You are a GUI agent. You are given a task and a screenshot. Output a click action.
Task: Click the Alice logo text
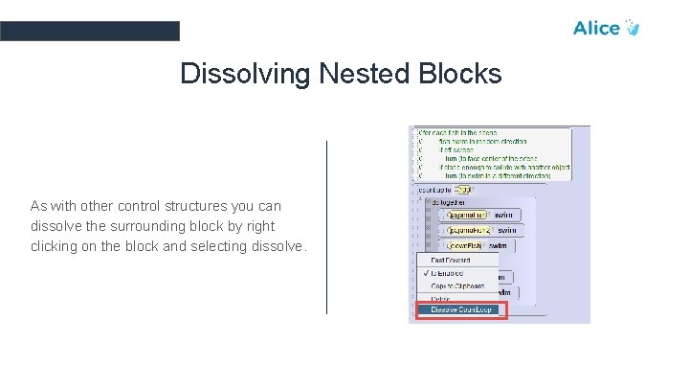(x=595, y=28)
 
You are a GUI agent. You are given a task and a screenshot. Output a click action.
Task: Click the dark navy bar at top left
(x=89, y=31)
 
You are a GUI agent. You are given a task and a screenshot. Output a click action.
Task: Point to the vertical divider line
(x=327, y=226)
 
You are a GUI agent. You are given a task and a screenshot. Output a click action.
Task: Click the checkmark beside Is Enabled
(x=424, y=273)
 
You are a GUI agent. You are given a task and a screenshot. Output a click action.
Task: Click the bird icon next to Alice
(x=632, y=28)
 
